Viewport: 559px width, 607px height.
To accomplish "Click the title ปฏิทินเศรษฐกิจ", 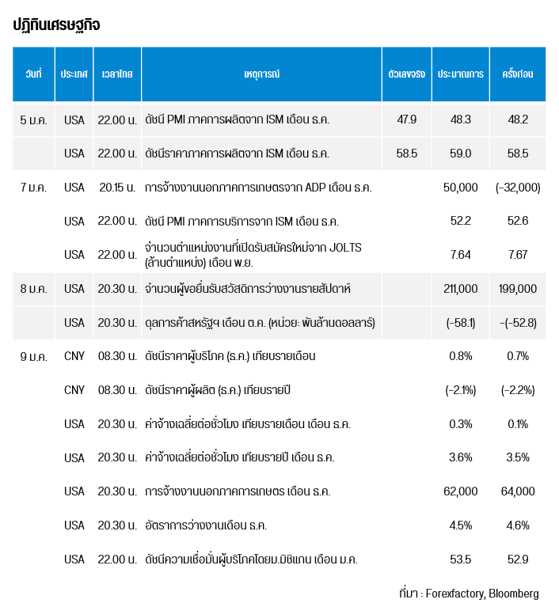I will (x=56, y=25).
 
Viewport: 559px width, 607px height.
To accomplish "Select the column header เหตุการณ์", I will (x=262, y=74).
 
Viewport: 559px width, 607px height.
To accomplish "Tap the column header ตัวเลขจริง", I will (x=406, y=74).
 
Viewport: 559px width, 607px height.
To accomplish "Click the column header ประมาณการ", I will (x=461, y=74).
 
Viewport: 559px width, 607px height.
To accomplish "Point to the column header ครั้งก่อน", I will (x=518, y=74).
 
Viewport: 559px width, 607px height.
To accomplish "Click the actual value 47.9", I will (x=406, y=120).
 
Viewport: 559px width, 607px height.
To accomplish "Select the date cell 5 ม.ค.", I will (x=33, y=120).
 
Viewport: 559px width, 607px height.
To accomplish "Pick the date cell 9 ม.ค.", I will (x=33, y=356).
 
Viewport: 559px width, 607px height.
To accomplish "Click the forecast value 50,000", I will (x=461, y=188).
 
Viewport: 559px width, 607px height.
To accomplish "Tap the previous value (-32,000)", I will (x=518, y=188).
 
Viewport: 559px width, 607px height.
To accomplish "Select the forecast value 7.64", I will (x=461, y=255).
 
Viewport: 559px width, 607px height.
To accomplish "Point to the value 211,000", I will (x=461, y=289).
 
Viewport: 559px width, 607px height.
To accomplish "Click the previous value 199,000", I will (x=518, y=289).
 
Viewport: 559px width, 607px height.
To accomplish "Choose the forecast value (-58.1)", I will (x=461, y=323).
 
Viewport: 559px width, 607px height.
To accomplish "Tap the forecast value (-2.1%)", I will (x=461, y=390).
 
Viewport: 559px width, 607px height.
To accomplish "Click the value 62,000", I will (x=461, y=491).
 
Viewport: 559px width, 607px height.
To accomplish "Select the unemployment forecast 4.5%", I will (x=461, y=525).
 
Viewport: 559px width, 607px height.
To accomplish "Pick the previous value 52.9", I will (x=518, y=560).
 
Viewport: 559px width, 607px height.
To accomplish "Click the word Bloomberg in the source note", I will (x=513, y=593).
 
